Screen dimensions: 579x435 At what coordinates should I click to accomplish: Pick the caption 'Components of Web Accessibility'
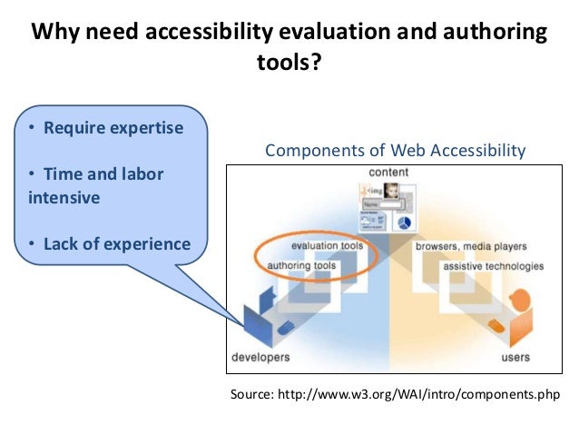tap(395, 151)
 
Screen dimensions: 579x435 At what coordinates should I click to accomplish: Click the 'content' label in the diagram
tap(388, 173)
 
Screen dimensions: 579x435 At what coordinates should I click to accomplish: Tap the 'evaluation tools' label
tap(328, 246)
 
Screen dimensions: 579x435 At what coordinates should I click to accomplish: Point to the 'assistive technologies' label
tap(494, 266)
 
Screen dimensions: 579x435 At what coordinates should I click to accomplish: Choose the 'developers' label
tap(260, 357)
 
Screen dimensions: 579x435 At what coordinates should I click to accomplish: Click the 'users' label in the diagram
tap(516, 357)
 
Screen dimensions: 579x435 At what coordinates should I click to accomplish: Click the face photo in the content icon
tap(393, 192)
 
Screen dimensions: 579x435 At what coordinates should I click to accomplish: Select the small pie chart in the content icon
tap(405, 221)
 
